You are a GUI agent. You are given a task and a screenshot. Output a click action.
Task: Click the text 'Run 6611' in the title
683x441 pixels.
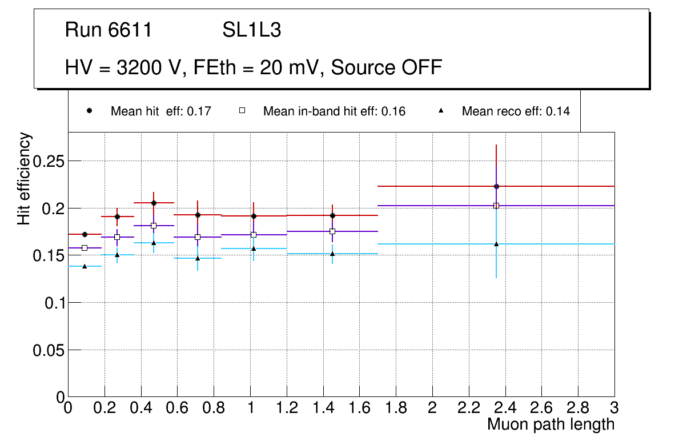point(109,30)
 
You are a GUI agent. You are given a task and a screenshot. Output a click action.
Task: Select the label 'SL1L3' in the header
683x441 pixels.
point(251,30)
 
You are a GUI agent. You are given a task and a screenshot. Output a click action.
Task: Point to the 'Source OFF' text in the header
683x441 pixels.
point(387,67)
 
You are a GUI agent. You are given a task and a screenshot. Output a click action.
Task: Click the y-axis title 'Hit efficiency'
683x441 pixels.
point(25,178)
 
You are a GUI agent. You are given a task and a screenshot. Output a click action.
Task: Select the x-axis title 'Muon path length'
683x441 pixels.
point(551,424)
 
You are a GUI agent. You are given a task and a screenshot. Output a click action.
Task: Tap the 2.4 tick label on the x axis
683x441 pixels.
point(505,408)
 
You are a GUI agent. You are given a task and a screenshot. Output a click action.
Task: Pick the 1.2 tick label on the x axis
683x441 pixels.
point(287,408)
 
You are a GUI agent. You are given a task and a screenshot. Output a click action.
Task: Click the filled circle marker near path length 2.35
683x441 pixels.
point(496,186)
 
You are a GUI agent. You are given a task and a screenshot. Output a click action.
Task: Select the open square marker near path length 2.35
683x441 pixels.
point(496,206)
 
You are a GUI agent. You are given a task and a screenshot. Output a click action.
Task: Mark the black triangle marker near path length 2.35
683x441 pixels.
point(496,244)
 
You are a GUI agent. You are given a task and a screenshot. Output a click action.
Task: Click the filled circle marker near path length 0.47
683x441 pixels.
point(154,203)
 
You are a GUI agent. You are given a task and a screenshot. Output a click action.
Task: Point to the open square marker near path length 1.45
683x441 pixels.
point(332,231)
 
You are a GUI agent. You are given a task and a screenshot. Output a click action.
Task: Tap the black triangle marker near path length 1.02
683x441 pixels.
point(254,248)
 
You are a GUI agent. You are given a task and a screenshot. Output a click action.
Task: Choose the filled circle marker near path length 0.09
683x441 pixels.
point(85,234)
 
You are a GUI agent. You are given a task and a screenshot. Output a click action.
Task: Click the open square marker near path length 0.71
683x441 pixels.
point(198,237)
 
